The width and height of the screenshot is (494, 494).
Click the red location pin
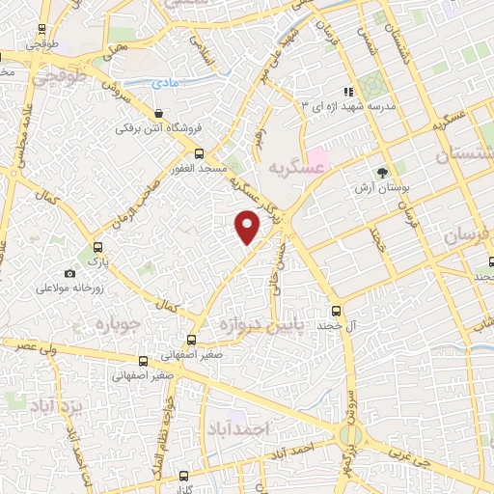pyautogui.click(x=248, y=227)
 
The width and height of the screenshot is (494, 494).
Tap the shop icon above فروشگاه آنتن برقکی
pyautogui.click(x=158, y=112)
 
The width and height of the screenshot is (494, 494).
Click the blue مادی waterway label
pyautogui.click(x=166, y=85)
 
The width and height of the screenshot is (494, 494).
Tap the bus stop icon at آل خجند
pyautogui.click(x=337, y=311)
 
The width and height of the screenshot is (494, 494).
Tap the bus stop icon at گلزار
pyautogui.click(x=185, y=476)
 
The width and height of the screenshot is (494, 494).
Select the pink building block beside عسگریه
pyautogui.click(x=317, y=157)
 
